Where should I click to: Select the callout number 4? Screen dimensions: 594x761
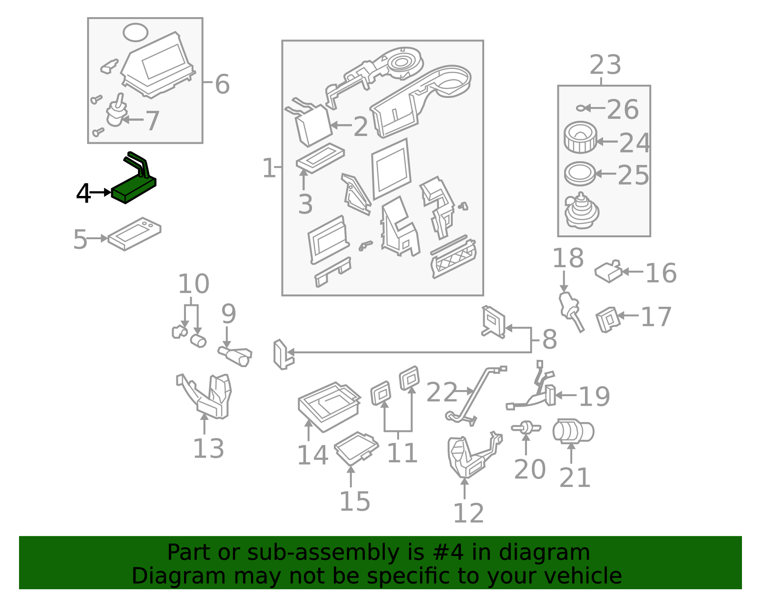(83, 194)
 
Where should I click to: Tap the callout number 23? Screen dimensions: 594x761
(605, 65)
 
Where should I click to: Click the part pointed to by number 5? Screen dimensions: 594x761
(134, 234)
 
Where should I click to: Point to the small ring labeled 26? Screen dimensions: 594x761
(580, 108)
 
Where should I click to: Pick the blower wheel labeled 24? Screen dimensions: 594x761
(580, 137)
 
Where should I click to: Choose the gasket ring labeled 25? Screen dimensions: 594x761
(580, 174)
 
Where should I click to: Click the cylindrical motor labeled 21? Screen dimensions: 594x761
(573, 431)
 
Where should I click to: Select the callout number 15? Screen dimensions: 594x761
(354, 501)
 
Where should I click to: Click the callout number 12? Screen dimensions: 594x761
(468, 513)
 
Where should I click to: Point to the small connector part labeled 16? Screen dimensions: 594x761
(608, 272)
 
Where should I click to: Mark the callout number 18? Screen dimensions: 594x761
(567, 258)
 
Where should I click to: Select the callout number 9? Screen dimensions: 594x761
(228, 314)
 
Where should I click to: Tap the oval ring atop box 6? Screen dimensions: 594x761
(136, 32)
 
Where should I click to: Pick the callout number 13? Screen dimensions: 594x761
(208, 448)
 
